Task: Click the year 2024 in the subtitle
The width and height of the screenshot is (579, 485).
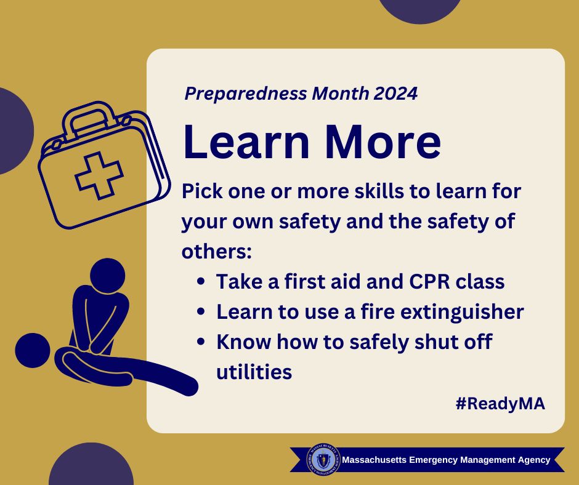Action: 395,94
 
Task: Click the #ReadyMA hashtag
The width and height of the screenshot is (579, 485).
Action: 500,403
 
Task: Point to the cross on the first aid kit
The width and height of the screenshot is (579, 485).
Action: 99,175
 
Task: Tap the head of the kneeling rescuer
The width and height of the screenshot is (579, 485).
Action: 107,276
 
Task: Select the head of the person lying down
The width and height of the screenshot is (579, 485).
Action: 33,350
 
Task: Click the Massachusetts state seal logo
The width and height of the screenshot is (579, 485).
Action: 322,460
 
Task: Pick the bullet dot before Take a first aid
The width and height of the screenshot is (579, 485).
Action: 201,281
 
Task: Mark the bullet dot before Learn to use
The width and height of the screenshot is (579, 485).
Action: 201,311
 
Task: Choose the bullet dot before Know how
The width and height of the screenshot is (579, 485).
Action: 201,342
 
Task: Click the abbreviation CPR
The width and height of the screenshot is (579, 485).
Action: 430,281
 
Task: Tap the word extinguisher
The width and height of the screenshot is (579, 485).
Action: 462,311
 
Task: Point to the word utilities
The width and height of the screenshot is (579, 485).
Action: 254,372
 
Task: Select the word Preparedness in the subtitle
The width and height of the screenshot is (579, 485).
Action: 246,94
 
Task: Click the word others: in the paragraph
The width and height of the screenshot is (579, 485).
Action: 217,251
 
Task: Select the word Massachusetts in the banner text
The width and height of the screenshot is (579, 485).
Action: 374,460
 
